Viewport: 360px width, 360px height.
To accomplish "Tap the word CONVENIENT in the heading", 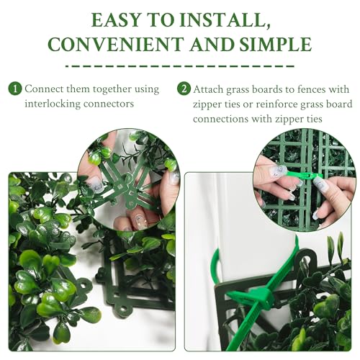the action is [x=116, y=45].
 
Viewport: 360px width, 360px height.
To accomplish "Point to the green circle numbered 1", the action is [x=15, y=89].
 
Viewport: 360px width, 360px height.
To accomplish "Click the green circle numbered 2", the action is [x=184, y=89].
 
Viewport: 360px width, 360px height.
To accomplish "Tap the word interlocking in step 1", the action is [x=53, y=104].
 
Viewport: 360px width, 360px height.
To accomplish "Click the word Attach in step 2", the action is [x=208, y=89].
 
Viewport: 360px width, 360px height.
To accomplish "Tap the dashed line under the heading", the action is [x=180, y=66].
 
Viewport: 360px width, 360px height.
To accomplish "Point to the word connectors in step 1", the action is [x=109, y=104].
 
